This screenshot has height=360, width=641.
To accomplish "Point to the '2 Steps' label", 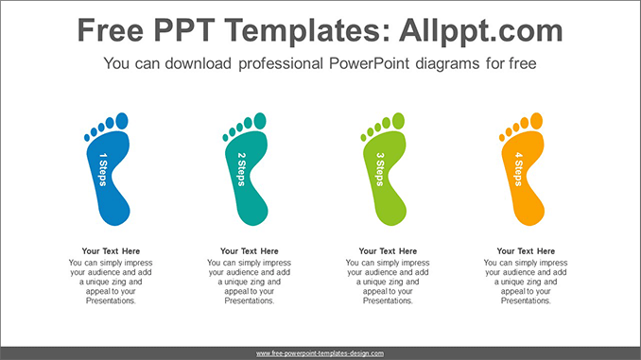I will [x=242, y=168].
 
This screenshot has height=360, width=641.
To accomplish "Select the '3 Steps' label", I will [x=380, y=168].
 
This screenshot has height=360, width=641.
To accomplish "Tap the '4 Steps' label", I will [x=518, y=168].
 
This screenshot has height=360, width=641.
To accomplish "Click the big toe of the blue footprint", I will [x=121, y=120].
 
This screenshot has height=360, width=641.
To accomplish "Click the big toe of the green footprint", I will [x=398, y=120].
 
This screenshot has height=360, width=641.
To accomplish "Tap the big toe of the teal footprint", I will [x=260, y=120].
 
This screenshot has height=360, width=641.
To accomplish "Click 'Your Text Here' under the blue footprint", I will [x=111, y=251].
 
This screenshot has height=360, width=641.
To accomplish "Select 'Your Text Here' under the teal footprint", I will [x=250, y=251].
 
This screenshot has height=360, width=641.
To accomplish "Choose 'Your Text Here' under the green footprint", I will [x=388, y=251].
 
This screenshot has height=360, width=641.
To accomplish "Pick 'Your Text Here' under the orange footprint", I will [x=526, y=251].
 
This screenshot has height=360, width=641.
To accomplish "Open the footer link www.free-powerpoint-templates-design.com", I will [x=320, y=352].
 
